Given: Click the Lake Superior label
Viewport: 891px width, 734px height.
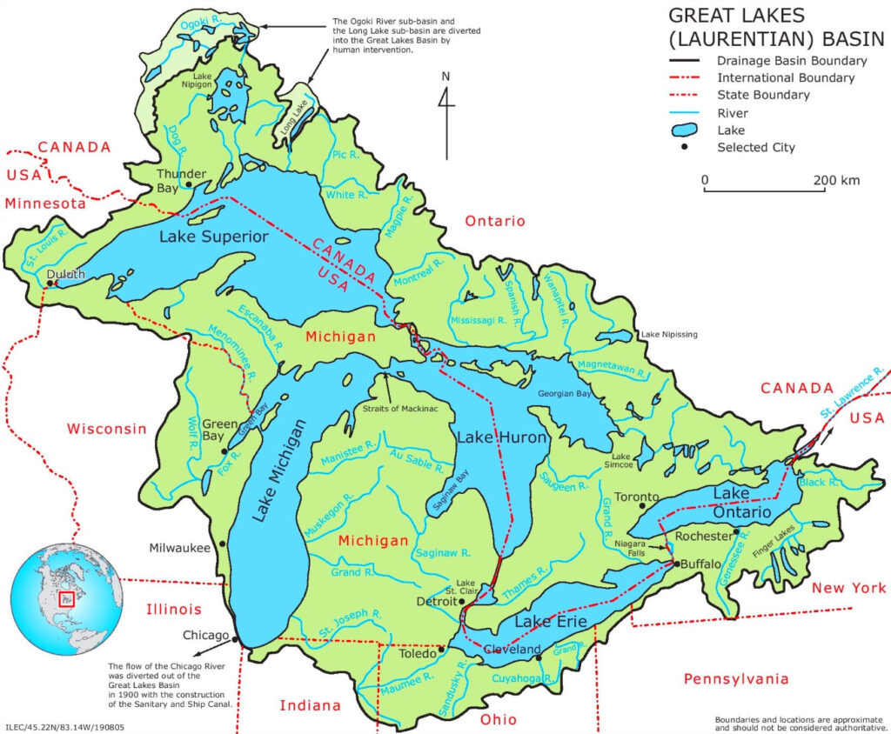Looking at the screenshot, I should pos(213,237).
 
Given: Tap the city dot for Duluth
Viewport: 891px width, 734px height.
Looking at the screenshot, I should pos(52,284).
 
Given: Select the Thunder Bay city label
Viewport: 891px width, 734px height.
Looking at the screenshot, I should pos(181,180).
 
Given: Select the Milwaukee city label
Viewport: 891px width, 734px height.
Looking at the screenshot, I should pos(178,548).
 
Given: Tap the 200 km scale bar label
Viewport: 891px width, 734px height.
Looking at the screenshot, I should pos(836,181).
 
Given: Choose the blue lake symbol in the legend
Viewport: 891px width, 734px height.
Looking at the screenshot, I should pos(687,130).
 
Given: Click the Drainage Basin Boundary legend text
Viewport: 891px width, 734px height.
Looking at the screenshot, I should pos(791,61).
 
